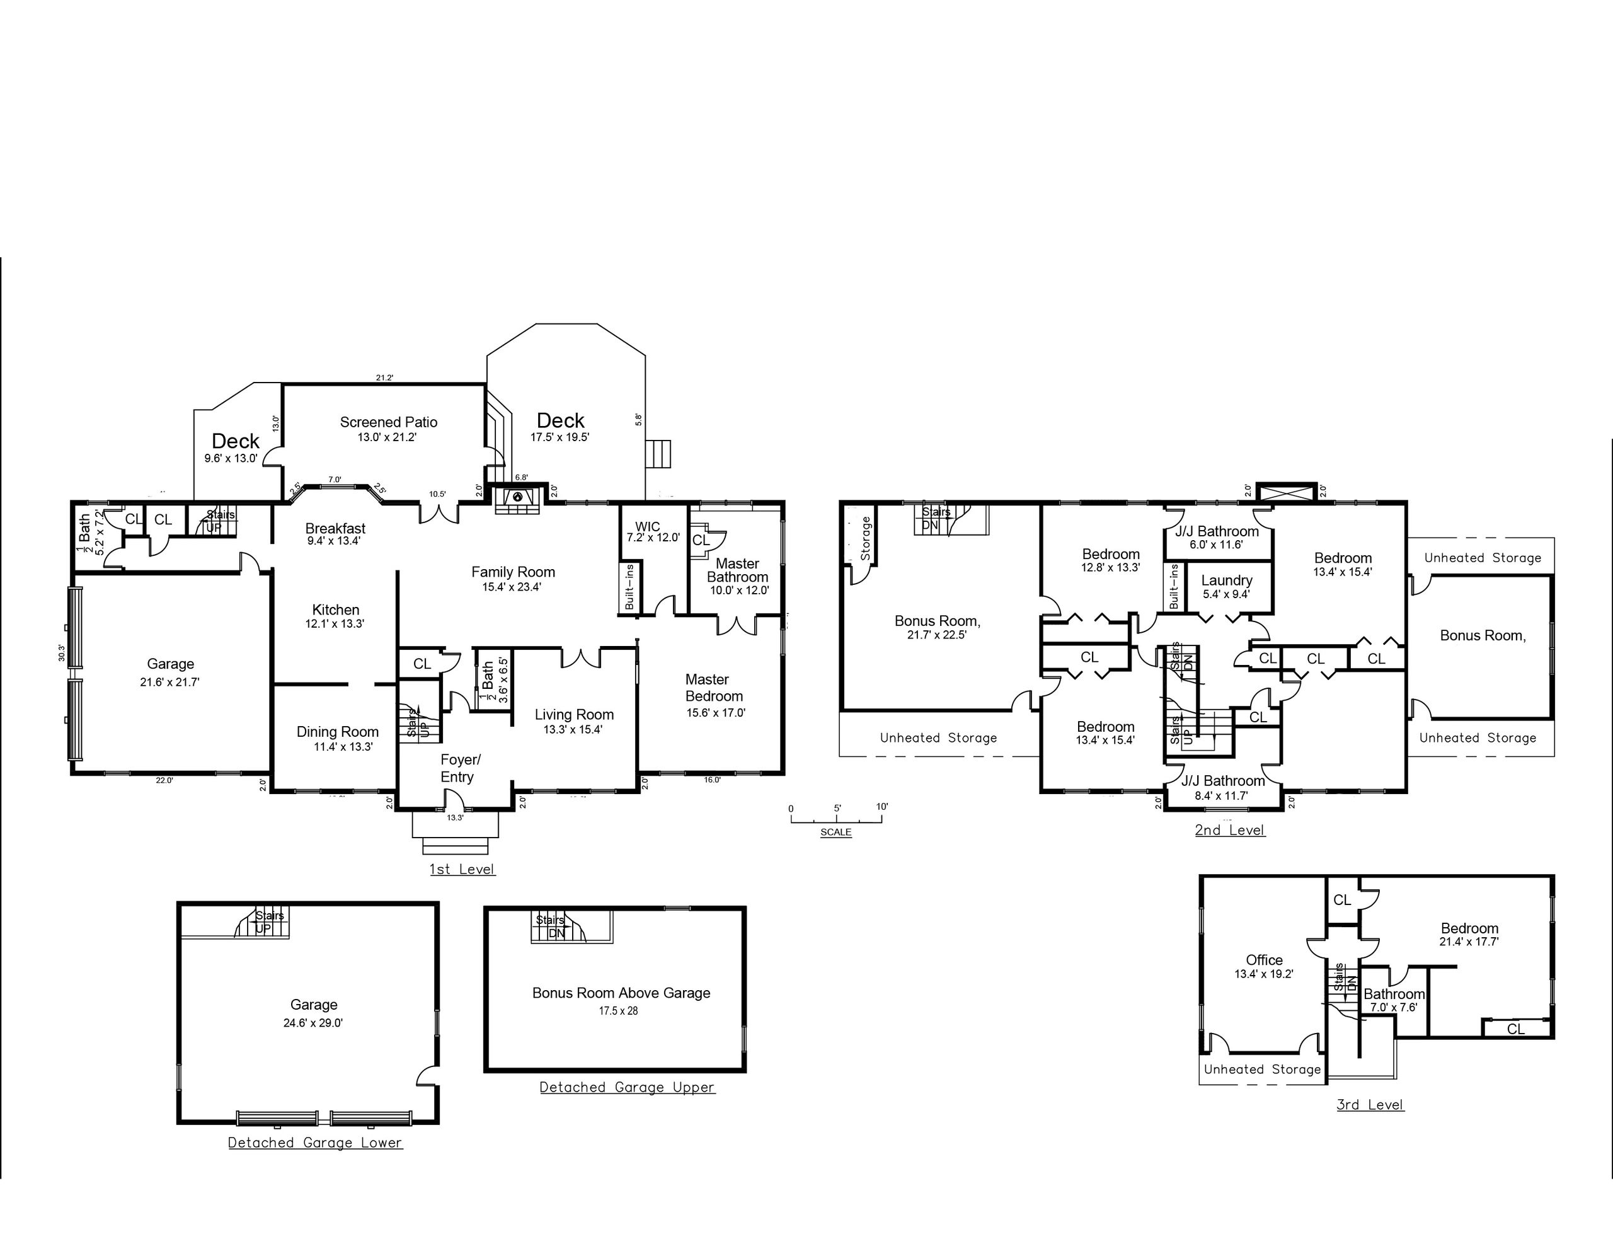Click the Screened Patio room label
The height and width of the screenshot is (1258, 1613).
[389, 422]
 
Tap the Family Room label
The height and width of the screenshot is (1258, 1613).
[514, 572]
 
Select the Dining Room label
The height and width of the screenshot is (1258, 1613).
[338, 732]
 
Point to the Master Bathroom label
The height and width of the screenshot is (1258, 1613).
[738, 570]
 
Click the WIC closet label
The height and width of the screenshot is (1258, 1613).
[648, 528]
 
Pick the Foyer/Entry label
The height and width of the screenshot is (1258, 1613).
[460, 768]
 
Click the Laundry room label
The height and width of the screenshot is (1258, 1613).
[1227, 580]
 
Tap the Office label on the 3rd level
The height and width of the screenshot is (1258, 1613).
[1265, 961]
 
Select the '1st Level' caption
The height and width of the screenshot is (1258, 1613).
[462, 870]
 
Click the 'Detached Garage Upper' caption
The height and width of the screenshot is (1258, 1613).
[627, 1087]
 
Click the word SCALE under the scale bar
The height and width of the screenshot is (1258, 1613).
[836, 833]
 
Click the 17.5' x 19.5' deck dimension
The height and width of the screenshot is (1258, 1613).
[560, 437]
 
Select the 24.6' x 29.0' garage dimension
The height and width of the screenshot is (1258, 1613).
[313, 1023]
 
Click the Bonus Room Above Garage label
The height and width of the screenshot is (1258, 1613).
[621, 993]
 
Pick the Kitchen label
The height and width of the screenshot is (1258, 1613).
[336, 610]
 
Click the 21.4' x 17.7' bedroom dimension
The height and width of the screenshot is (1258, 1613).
[1469, 942]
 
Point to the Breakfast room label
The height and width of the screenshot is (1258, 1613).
[335, 529]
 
